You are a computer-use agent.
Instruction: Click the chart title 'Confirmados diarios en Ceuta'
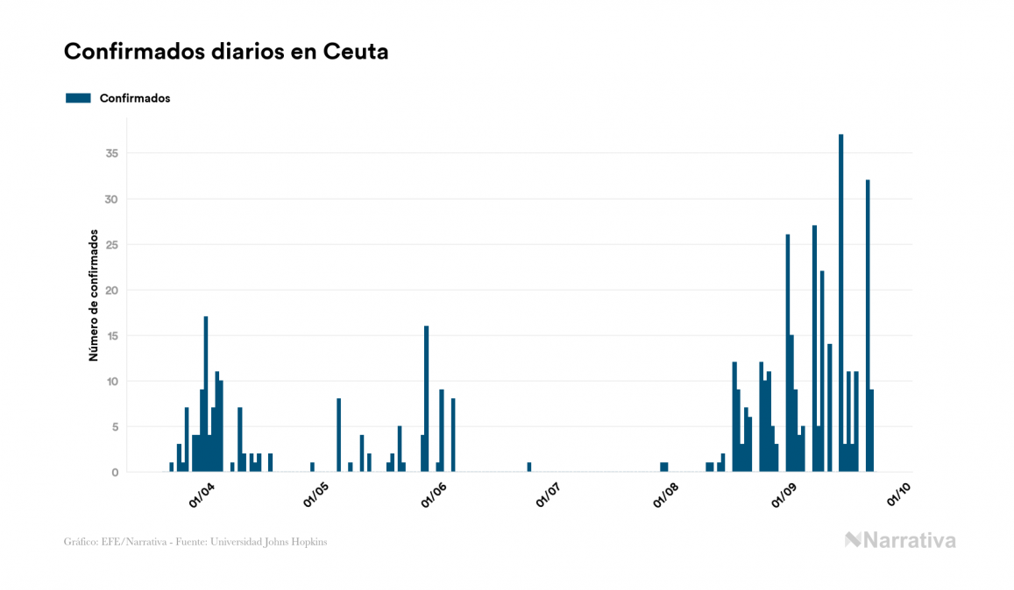pos(226,52)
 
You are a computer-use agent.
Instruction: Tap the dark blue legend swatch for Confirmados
pos(78,98)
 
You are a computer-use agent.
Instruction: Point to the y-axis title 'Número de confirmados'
pos(93,296)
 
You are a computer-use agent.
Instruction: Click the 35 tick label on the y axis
pos(110,153)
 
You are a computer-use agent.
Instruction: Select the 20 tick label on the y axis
pos(110,290)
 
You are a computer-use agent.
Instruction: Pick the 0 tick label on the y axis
pos(115,473)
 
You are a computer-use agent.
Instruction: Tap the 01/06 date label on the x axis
pos(434,495)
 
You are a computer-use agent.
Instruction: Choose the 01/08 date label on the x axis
pos(666,495)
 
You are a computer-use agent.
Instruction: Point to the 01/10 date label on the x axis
pos(898,495)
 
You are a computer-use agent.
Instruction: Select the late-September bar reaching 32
pos(868,326)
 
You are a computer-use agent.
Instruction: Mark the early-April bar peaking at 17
pos(206,394)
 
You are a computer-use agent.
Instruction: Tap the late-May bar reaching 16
pos(426,398)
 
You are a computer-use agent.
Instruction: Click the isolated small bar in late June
pos(529,467)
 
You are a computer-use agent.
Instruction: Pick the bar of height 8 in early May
pos(338,435)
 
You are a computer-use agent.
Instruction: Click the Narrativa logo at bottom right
pos(900,540)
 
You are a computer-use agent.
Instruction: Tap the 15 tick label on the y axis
pos(110,335)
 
